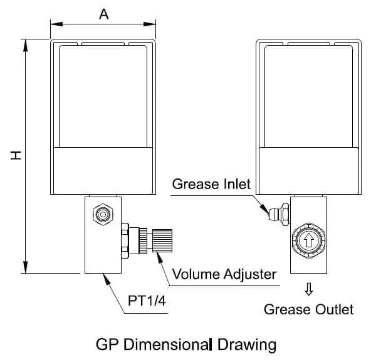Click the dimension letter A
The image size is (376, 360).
click(104, 14)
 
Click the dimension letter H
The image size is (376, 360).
click(16, 155)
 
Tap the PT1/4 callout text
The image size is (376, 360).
click(147, 301)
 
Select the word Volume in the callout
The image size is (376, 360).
click(196, 274)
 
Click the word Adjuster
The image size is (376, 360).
click(249, 275)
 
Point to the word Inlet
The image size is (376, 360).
click(237, 184)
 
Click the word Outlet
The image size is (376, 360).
click(334, 309)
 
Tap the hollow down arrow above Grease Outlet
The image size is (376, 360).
click(308, 289)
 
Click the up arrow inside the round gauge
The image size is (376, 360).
click(308, 240)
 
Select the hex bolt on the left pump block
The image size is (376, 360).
click(103, 214)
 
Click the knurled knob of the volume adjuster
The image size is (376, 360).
click(162, 240)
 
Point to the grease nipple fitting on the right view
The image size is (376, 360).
click(279, 214)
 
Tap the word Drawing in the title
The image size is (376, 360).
click(247, 345)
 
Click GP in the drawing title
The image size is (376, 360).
click(107, 345)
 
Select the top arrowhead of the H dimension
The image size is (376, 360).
click(25, 45)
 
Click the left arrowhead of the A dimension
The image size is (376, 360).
click(56, 24)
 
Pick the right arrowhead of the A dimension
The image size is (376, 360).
click(149, 24)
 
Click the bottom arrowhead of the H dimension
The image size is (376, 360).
click(25, 267)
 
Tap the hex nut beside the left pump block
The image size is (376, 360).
click(125, 240)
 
